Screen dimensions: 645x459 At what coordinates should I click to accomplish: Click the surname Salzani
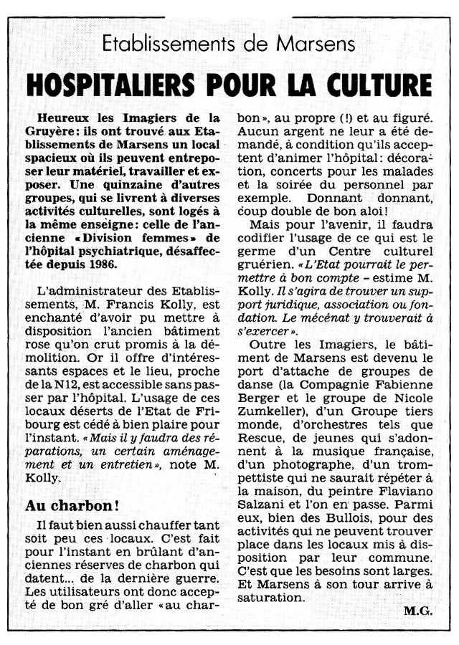[263, 520]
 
